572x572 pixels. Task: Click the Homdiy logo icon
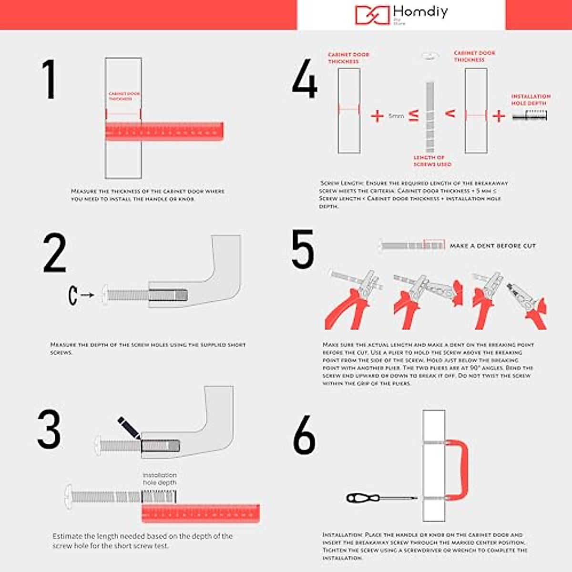click(372, 15)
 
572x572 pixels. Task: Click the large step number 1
click(49, 79)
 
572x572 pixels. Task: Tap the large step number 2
click(54, 253)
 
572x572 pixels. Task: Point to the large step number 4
click(305, 79)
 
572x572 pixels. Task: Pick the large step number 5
click(303, 249)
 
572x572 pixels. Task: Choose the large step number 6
click(304, 435)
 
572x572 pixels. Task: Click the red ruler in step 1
click(164, 132)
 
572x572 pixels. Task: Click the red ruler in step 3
click(201, 513)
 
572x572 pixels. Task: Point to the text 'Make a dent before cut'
click(493, 246)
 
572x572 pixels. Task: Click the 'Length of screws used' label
click(432, 161)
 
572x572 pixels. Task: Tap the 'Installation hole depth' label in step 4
click(531, 100)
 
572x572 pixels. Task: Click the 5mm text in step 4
click(396, 116)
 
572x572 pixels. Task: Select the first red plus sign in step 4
click(377, 116)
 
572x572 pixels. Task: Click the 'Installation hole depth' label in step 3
click(160, 479)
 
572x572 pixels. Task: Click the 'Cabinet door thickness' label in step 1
click(124, 96)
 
